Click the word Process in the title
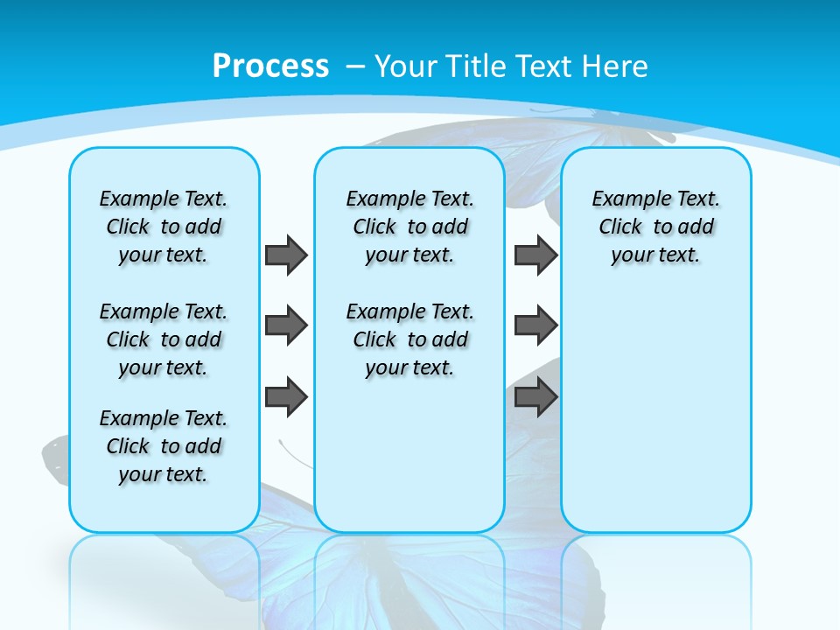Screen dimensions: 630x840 click(270, 66)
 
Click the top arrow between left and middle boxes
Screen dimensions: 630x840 click(286, 255)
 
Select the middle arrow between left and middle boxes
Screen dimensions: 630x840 click(286, 325)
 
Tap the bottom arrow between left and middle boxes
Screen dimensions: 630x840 click(286, 396)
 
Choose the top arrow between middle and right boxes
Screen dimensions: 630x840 click(535, 255)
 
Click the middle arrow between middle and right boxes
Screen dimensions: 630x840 click(535, 325)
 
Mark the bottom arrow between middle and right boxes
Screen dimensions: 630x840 click(535, 396)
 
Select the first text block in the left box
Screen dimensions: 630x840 click(164, 227)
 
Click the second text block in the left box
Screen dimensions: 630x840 click(164, 339)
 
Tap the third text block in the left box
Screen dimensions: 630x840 click(164, 446)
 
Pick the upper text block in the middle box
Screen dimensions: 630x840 click(409, 227)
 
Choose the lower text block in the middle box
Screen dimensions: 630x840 click(409, 339)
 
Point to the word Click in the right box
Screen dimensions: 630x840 click(620, 227)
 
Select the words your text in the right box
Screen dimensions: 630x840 click(655, 255)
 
